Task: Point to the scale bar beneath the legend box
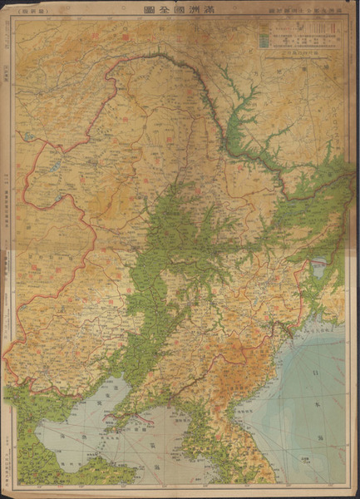300,61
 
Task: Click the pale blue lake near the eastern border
318,269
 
